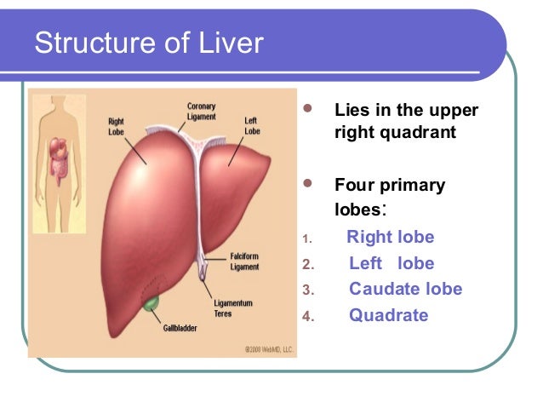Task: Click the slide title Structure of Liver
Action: (150, 43)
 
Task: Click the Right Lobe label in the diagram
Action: (117, 127)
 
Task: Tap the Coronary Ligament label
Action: (201, 112)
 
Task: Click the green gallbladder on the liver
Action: (151, 302)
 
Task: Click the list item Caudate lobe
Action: (406, 290)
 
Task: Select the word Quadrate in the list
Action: (389, 316)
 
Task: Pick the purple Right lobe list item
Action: (391, 238)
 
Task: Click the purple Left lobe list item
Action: (392, 264)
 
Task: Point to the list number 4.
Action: (308, 318)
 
